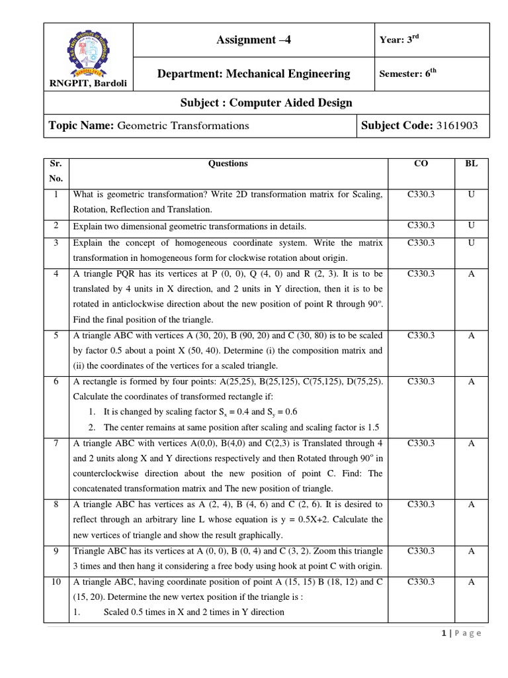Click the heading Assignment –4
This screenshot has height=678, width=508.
(253, 40)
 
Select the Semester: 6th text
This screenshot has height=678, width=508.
(408, 74)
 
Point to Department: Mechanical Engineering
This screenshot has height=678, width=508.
(253, 74)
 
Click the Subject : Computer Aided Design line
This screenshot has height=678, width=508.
(257, 103)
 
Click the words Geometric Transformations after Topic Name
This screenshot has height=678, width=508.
(183, 125)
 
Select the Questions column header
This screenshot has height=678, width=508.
(228, 164)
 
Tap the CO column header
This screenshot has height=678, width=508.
(421, 164)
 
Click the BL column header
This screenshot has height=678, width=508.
(472, 164)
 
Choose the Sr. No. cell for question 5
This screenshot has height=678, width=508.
(57, 336)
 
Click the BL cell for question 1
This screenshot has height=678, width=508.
(472, 195)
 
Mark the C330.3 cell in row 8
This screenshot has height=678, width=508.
(421, 505)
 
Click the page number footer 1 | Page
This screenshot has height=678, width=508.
(461, 634)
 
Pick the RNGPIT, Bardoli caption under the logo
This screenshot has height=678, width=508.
(88, 83)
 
